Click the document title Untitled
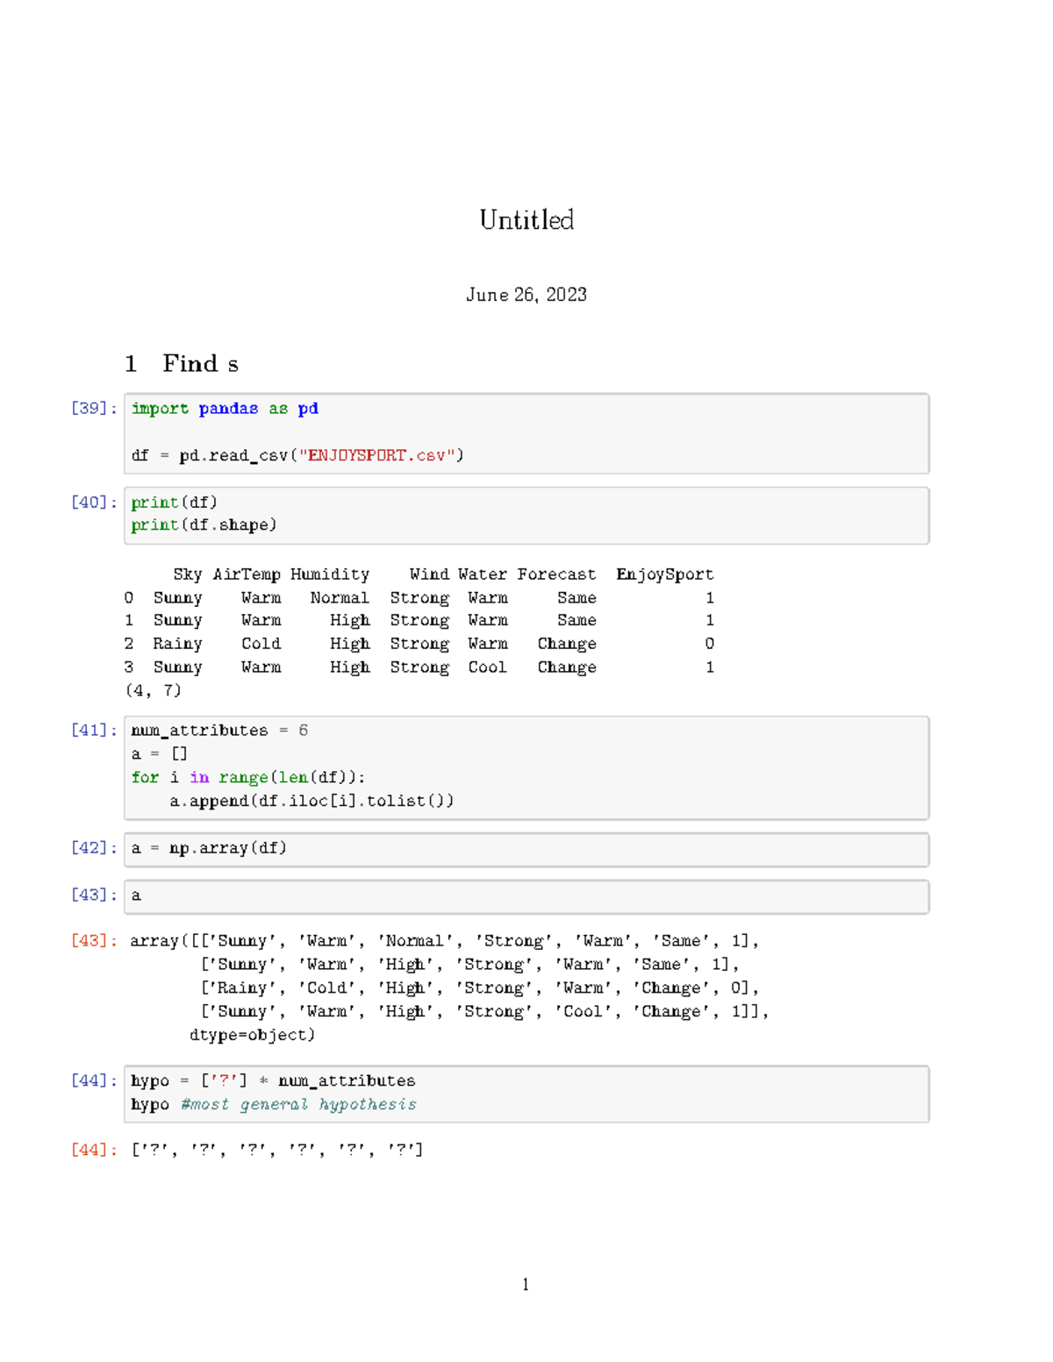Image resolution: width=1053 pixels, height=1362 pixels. click(526, 219)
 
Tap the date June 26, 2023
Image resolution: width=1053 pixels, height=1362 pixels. click(526, 295)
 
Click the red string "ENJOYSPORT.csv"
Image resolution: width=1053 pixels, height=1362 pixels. click(382, 455)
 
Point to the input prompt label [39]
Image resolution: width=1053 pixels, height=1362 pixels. click(93, 409)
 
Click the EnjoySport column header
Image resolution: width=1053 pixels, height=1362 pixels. click(664, 574)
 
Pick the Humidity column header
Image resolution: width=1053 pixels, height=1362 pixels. click(330, 574)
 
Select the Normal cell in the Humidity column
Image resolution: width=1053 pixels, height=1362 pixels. click(340, 598)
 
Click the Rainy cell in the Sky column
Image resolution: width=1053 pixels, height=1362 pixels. click(177, 644)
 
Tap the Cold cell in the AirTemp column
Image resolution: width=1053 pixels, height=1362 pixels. click(261, 644)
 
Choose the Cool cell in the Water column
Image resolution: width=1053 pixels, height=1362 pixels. click(487, 667)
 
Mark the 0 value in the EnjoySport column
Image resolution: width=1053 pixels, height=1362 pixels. click(709, 644)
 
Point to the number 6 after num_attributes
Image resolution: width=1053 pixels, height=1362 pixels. click(303, 731)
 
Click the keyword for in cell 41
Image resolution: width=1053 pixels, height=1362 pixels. click(145, 778)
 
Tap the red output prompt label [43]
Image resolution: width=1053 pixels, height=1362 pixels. click(93, 941)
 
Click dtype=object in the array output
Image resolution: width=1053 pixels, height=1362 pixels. click(252, 1035)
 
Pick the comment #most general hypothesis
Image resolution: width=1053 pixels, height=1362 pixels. click(298, 1105)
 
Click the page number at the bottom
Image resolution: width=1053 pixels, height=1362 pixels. click(526, 1285)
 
